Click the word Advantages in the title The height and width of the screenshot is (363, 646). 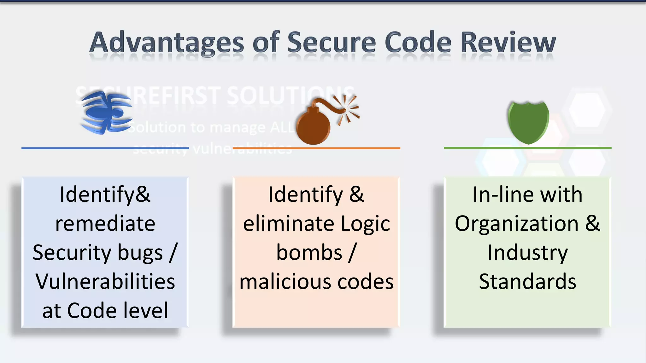pos(167,43)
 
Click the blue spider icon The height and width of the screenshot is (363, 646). pos(107,112)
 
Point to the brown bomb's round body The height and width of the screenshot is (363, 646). pos(313,128)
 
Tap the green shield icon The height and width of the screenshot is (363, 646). pos(528,122)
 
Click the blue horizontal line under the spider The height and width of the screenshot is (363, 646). pos(105,148)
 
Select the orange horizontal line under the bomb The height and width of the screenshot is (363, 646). pos(316,148)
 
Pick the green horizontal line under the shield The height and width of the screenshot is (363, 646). pos(527,148)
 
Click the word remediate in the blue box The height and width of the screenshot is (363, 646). pos(105,224)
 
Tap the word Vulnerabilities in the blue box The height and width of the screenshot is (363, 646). pos(105,281)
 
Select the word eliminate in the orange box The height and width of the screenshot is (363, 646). pos(288,224)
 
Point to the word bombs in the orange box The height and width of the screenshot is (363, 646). pos(309,253)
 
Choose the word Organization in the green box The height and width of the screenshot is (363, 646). pos(517,224)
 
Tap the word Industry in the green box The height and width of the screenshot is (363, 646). pos(527,253)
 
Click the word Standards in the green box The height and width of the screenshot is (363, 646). pos(527,282)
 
